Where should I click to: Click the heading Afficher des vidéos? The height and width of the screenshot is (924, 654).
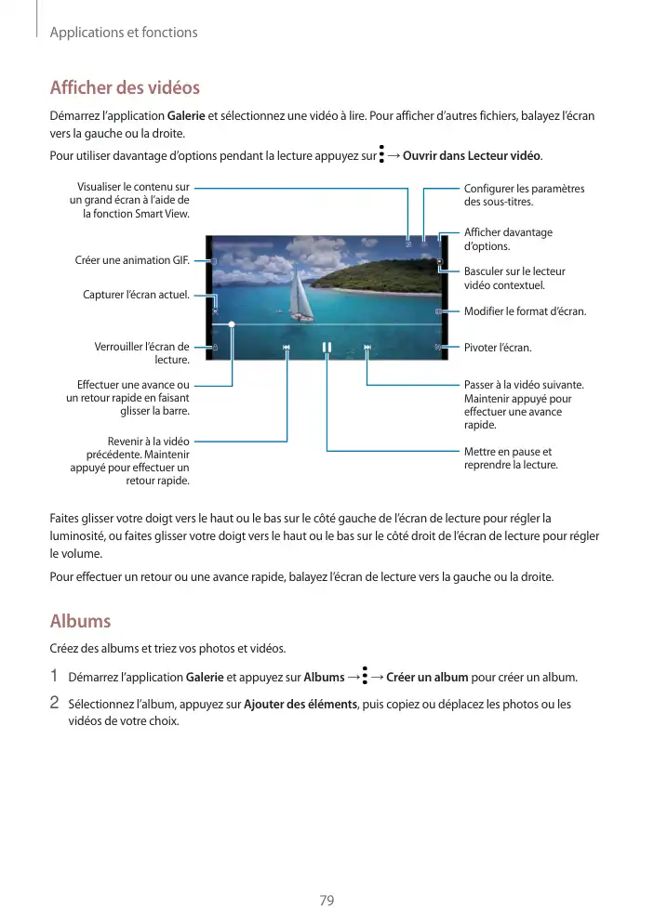tap(125, 88)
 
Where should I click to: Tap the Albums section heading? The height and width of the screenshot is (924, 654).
tap(80, 621)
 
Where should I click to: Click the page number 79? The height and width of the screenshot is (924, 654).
tap(327, 901)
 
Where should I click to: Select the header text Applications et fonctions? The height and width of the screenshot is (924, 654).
tap(123, 33)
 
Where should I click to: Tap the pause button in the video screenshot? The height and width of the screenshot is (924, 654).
tap(327, 348)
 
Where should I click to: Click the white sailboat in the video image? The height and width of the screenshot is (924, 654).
tap(300, 297)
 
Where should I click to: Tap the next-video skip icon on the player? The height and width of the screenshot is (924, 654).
tap(367, 348)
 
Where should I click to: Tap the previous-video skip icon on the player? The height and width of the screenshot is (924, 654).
tap(287, 348)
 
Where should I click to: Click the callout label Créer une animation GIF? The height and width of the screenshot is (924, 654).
tap(132, 260)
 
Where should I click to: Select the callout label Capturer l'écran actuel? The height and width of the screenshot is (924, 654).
tap(136, 296)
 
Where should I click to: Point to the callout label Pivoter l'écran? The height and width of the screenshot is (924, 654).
tap(498, 348)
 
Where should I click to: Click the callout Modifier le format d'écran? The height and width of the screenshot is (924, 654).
tap(525, 311)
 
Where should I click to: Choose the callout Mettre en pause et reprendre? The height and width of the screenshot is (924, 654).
tap(511, 458)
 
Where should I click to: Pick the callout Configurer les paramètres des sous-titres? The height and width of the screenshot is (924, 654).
tap(524, 195)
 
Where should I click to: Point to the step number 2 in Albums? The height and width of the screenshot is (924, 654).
tap(55, 703)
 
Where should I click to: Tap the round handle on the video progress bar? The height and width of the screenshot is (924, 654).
tap(232, 326)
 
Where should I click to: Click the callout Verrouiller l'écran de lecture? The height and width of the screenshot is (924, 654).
tap(142, 353)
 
